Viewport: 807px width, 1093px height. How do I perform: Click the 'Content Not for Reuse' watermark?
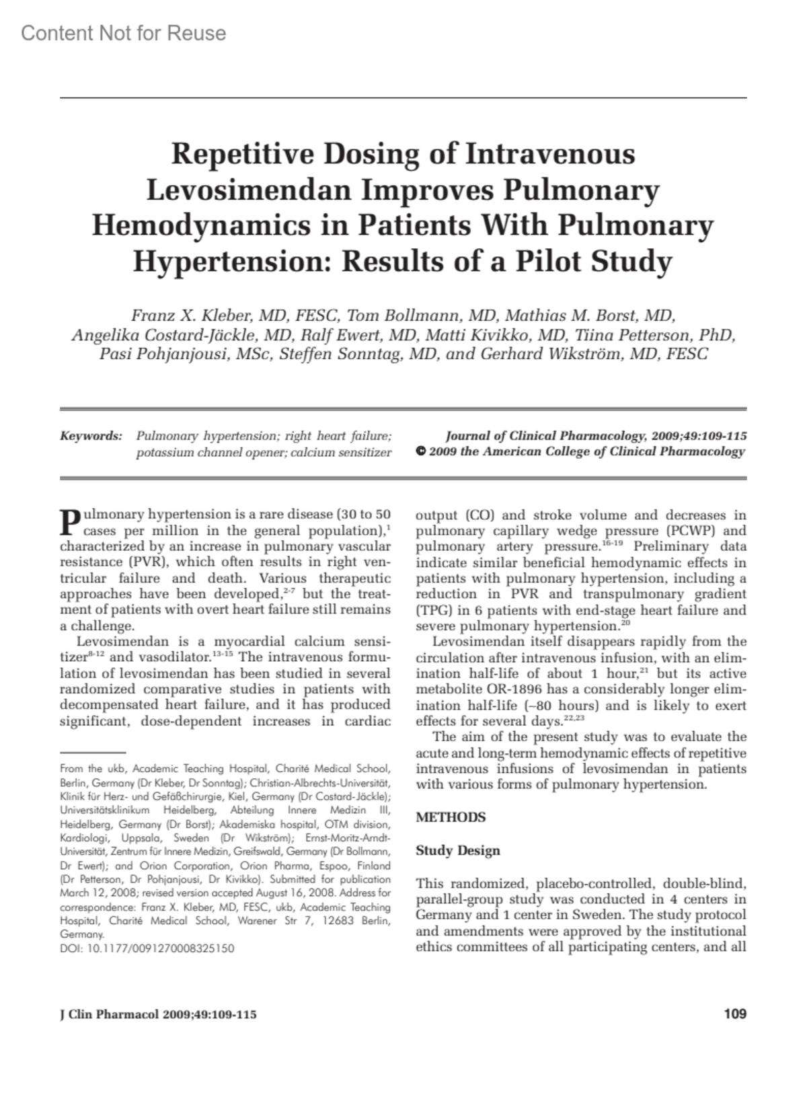point(124,33)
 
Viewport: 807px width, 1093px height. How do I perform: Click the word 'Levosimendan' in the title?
point(249,190)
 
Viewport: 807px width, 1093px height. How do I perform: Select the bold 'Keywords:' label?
point(91,437)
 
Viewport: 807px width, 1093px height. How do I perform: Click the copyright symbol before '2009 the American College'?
point(420,452)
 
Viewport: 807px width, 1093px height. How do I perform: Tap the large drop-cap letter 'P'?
point(70,521)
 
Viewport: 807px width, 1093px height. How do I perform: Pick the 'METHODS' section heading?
point(451,817)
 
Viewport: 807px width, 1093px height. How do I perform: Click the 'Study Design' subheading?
point(458,850)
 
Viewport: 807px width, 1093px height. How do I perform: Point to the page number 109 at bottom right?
point(735,1014)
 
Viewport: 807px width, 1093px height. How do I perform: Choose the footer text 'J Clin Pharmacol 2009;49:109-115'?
point(158,1014)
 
